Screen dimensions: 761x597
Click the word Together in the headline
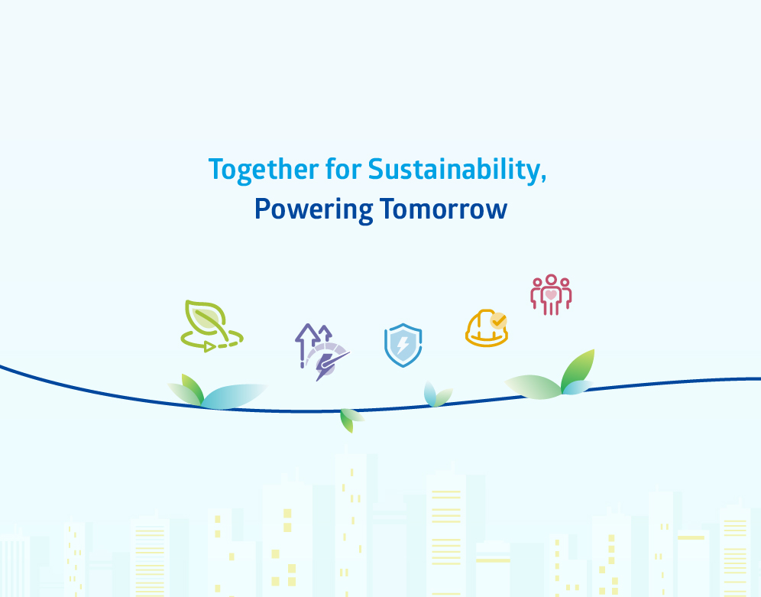264,170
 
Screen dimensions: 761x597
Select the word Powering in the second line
313,209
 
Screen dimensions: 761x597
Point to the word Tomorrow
443,209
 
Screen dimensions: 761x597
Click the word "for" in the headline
343,169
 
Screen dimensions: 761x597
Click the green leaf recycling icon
212,326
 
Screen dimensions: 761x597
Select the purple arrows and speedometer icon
322,352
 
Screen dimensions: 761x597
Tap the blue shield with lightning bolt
403,345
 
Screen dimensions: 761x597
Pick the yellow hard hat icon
487,328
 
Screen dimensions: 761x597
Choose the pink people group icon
551,294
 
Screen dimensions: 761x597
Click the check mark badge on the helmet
498,321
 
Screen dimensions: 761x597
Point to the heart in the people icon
551,294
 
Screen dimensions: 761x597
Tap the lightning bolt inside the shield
403,345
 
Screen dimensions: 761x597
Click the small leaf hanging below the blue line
351,420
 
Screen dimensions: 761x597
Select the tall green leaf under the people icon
578,370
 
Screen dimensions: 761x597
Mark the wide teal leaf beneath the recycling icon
233,396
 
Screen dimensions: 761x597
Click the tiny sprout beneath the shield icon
438,394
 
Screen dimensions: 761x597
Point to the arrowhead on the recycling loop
209,346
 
